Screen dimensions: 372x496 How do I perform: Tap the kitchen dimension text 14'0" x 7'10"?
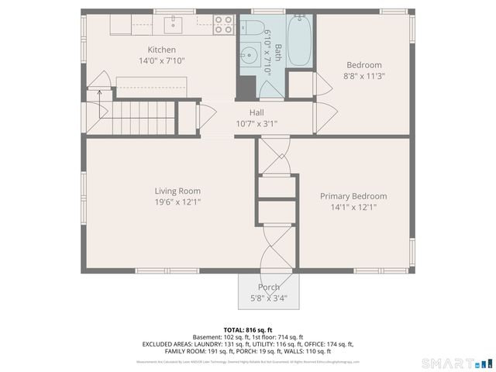coord(162,60)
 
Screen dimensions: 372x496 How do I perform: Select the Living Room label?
coord(177,191)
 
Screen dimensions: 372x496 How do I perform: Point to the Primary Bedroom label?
coord(353,196)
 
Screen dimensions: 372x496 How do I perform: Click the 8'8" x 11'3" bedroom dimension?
coord(364,76)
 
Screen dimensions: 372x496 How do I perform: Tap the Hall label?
coord(257,112)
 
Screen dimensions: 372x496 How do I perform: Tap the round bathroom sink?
coord(250,55)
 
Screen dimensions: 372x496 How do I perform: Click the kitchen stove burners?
coord(223,23)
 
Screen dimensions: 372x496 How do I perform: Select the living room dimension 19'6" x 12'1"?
coord(177,202)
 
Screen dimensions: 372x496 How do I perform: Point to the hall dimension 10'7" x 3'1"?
coord(257,123)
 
